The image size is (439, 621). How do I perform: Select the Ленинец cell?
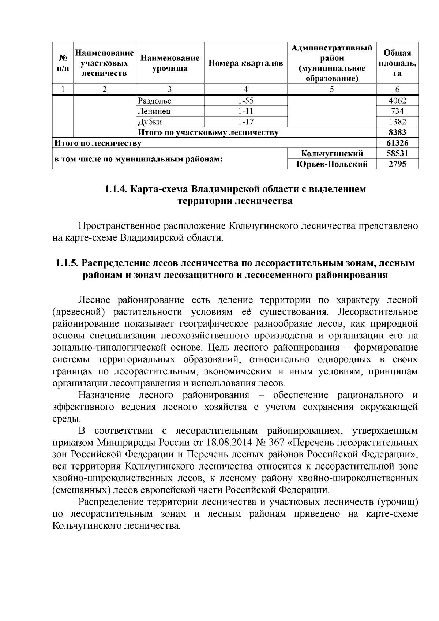tap(154, 111)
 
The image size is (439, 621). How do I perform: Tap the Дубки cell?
tap(150, 122)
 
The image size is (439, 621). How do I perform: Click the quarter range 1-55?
tap(245, 101)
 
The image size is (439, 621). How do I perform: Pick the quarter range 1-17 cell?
tap(245, 122)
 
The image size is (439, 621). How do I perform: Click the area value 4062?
tap(397, 101)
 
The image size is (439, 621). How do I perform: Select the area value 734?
tap(397, 111)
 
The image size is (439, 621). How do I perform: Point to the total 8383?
tap(397, 132)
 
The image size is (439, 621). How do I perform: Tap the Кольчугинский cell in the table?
tap(332, 154)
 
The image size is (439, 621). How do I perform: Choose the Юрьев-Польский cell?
tap(332, 164)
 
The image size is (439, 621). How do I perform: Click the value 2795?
tap(397, 164)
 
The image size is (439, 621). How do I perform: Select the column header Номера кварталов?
tap(245, 63)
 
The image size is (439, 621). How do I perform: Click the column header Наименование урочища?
tap(170, 63)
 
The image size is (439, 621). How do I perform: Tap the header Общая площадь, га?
tap(397, 63)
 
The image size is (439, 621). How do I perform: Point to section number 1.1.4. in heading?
tap(116, 190)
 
